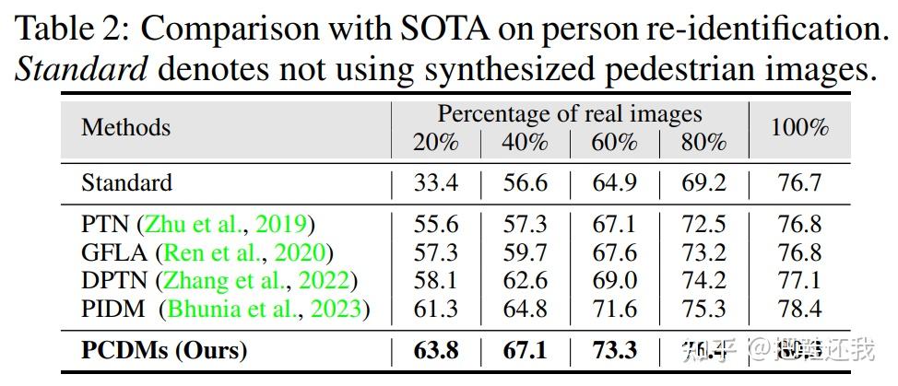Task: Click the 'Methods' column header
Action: click(x=125, y=127)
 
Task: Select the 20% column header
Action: click(x=436, y=143)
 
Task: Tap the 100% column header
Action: click(x=798, y=127)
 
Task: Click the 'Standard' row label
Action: click(x=126, y=182)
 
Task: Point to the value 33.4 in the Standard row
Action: click(x=436, y=182)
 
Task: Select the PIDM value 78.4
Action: click(x=798, y=308)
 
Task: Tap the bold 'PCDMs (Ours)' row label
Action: click(x=164, y=350)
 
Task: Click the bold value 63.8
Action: click(x=436, y=350)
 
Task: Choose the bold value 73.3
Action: click(x=614, y=350)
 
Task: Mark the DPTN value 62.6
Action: click(x=525, y=280)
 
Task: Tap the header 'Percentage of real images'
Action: click(x=569, y=114)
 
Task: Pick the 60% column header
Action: click(x=614, y=143)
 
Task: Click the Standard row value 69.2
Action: click(x=703, y=182)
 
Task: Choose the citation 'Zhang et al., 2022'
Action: click(x=257, y=280)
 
